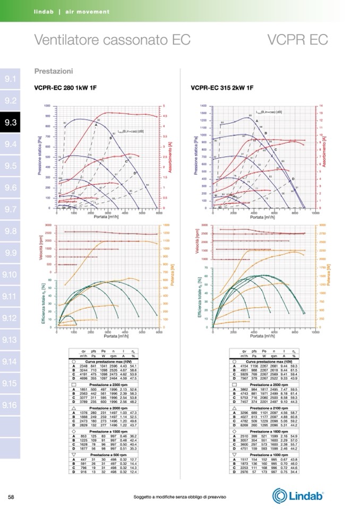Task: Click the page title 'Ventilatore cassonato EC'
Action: click(112, 40)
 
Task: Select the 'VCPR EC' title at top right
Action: click(297, 40)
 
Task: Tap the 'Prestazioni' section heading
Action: click(54, 71)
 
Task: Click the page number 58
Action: click(11, 496)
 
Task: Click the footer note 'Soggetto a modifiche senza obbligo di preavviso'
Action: click(181, 497)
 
